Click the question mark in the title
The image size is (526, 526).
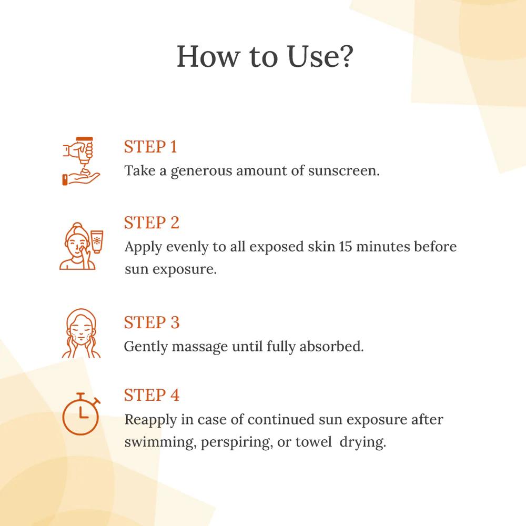(x=345, y=56)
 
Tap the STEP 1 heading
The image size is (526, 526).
(x=150, y=147)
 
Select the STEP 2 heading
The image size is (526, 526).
(x=151, y=222)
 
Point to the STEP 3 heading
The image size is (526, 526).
(x=151, y=323)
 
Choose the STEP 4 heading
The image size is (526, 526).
(x=151, y=395)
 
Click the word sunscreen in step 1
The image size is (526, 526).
(x=343, y=171)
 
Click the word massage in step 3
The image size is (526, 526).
(x=199, y=347)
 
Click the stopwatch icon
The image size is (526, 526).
(x=81, y=413)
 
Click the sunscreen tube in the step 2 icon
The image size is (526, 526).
(x=97, y=241)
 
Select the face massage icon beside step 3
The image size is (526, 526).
(x=81, y=333)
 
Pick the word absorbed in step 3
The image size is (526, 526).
(x=331, y=347)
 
